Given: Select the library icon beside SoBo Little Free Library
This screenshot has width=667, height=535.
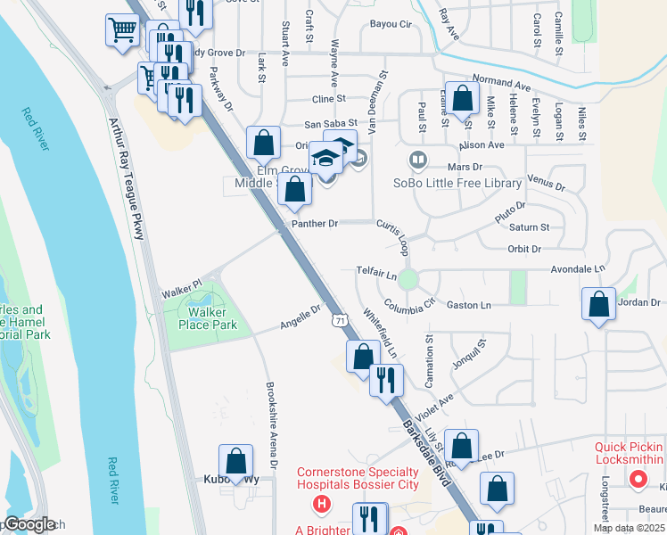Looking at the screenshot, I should pos(416,161).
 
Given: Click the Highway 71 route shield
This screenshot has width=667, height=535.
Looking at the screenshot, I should pos(339,318).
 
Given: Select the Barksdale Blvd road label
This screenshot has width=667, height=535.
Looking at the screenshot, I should pos(424,449).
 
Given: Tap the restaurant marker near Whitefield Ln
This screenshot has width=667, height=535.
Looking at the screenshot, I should pos(386,379).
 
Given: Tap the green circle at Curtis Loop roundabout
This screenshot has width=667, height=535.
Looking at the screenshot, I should pos(408,279).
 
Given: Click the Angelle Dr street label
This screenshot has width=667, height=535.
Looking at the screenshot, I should pos(301,316).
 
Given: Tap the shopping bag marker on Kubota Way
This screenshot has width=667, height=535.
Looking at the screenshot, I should pos(236,461).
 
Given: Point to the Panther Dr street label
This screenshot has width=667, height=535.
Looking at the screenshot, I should pos(315,224).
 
